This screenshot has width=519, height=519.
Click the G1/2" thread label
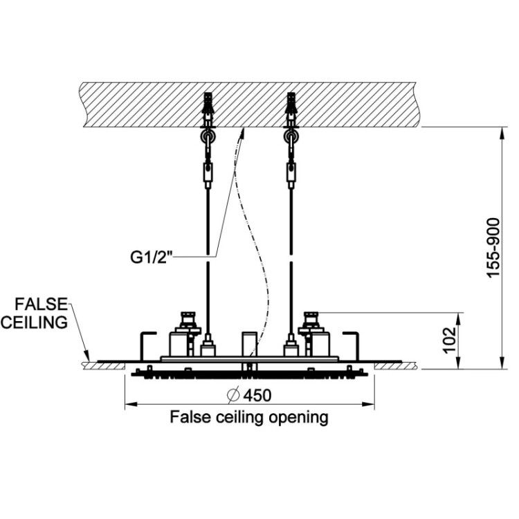click(x=152, y=257)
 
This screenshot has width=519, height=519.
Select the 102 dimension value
click(x=450, y=340)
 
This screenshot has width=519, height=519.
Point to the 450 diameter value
click(x=257, y=395)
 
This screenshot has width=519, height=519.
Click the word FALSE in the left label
click(x=41, y=304)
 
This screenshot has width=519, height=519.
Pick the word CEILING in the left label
click(x=34, y=322)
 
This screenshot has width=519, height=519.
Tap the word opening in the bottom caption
click(x=298, y=418)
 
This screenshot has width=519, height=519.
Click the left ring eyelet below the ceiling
click(x=208, y=136)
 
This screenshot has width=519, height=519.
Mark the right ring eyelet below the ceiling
click(x=291, y=136)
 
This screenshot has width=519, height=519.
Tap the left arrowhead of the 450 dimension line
click(x=131, y=404)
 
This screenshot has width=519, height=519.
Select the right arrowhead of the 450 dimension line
click(x=368, y=404)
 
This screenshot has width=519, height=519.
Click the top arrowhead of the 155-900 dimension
click(x=502, y=133)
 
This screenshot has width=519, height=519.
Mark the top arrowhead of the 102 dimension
click(x=458, y=318)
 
